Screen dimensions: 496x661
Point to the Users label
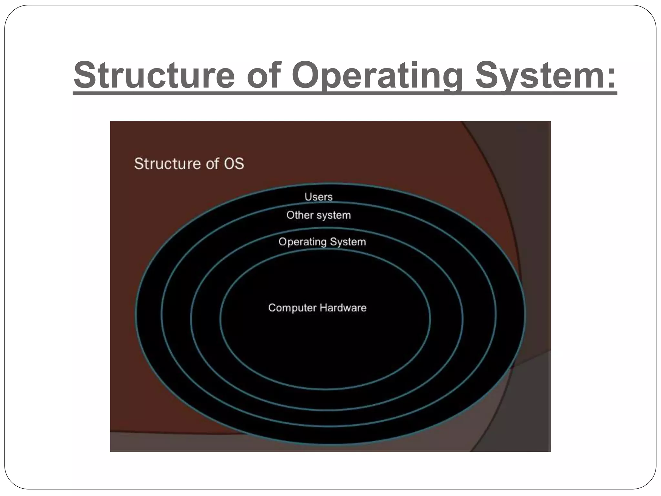[318, 197]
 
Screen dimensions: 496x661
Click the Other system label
[318, 215]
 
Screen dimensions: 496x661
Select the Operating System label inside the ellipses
[322, 242]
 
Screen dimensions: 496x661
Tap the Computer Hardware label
[317, 308]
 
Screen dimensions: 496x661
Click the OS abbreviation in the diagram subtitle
[234, 163]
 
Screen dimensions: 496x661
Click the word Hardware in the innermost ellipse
[342, 308]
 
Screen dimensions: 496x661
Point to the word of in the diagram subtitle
[213, 163]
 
